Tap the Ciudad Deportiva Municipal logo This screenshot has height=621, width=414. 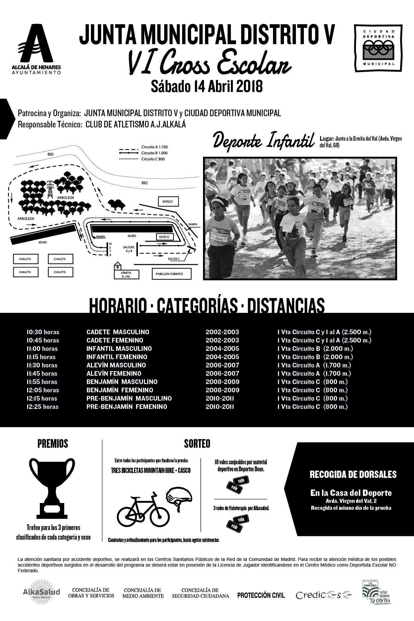[378, 48]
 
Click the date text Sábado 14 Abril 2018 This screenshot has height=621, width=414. [207, 86]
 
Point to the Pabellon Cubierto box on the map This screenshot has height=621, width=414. [172, 274]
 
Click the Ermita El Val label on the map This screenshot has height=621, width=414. [126, 274]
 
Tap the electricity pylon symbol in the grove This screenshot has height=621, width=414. [50, 189]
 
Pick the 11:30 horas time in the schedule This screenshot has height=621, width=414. [42, 365]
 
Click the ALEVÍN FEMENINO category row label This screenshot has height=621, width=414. [114, 373]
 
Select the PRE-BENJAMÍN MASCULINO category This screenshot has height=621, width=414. [129, 398]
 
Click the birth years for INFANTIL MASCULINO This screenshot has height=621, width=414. [222, 349]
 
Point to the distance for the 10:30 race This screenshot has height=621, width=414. [324, 332]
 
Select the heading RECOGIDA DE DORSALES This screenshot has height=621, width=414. [353, 474]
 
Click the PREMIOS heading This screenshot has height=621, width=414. [53, 444]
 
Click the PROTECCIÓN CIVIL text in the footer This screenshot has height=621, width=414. [261, 595]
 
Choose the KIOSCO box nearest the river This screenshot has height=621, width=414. [168, 201]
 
